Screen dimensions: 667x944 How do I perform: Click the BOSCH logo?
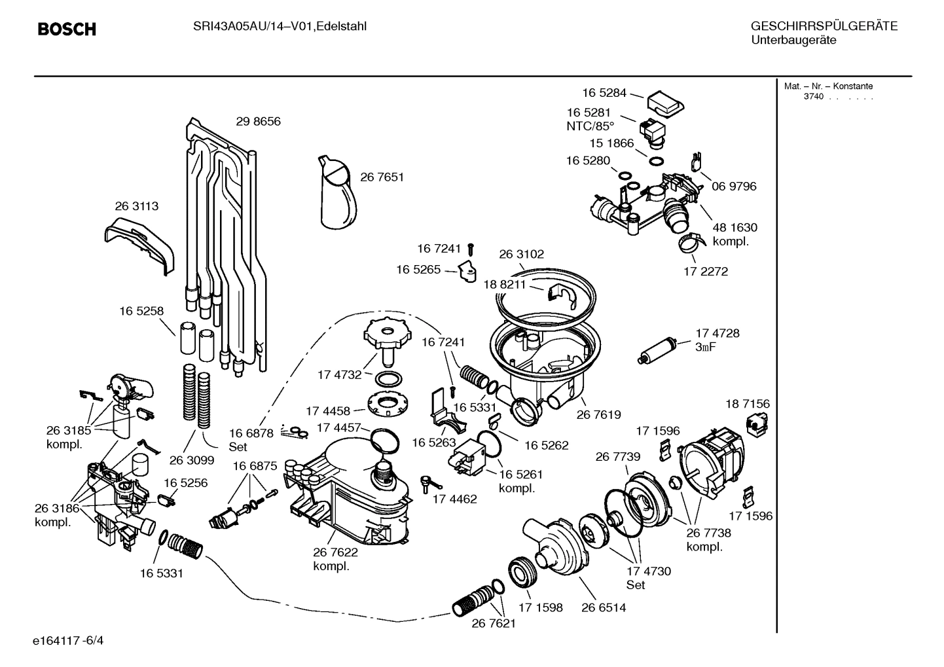point(67,29)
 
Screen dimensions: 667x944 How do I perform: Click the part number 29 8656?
point(258,122)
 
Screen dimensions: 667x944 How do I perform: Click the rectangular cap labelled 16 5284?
point(665,102)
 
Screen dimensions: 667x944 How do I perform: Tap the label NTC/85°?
point(590,126)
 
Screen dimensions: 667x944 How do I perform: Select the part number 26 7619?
point(598,415)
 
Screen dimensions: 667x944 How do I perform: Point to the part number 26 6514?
point(603,607)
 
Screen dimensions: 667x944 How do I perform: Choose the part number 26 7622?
point(335,552)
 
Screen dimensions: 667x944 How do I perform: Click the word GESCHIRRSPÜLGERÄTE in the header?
point(824,27)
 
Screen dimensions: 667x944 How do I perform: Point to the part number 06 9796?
point(733,187)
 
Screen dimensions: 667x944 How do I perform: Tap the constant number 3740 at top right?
point(813,97)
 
